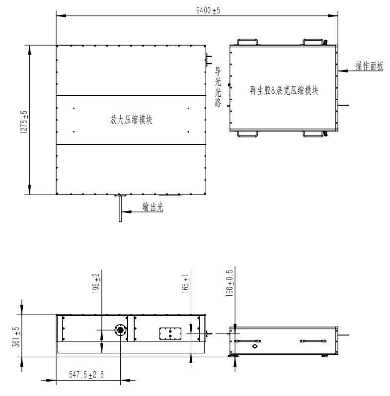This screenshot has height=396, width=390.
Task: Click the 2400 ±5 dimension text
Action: (x=208, y=10)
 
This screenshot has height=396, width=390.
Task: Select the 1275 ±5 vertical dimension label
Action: (x=24, y=122)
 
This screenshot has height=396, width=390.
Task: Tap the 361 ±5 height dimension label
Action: (x=16, y=337)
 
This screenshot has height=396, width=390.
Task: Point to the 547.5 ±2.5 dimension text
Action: (x=86, y=375)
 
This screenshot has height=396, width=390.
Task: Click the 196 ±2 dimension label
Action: (x=96, y=283)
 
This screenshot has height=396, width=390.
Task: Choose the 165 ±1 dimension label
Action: (x=185, y=283)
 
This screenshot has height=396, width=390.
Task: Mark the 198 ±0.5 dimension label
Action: (x=230, y=283)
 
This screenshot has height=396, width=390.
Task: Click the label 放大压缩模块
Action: (x=131, y=120)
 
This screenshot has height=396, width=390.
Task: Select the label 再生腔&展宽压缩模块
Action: (x=284, y=90)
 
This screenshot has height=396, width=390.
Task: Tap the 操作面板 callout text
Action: (x=369, y=66)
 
